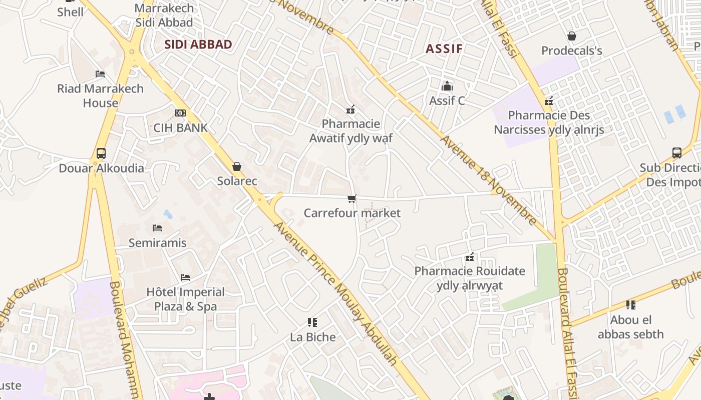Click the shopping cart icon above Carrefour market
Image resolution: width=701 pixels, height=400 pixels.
coord(352,198)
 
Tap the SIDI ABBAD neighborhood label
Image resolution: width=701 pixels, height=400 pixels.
coord(198,44)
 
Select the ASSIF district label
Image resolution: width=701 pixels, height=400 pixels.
coord(444,48)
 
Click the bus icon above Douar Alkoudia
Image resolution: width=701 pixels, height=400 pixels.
coord(101,153)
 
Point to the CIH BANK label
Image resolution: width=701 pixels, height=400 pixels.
coord(180,128)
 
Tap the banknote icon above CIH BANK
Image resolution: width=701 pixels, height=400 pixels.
coord(180,113)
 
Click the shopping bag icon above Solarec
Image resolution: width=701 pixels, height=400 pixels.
coord(237,166)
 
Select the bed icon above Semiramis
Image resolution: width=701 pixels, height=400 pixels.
coord(157,228)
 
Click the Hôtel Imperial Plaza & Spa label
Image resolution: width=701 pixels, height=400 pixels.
coord(185,299)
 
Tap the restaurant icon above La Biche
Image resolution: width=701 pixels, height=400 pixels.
coord(312,322)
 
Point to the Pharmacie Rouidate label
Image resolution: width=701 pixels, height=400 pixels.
coord(470,278)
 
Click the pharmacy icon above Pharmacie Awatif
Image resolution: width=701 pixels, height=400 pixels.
coord(350,109)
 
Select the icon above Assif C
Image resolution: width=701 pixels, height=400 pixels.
coord(447,86)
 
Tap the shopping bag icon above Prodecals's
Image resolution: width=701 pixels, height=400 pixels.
coord(571,36)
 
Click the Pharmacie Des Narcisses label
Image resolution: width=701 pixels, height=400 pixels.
coord(549,122)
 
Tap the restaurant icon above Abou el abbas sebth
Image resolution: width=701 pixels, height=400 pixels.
coord(630,304)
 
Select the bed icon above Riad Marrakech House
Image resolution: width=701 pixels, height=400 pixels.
coord(100,74)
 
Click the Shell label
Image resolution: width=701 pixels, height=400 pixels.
coord(70,11)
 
